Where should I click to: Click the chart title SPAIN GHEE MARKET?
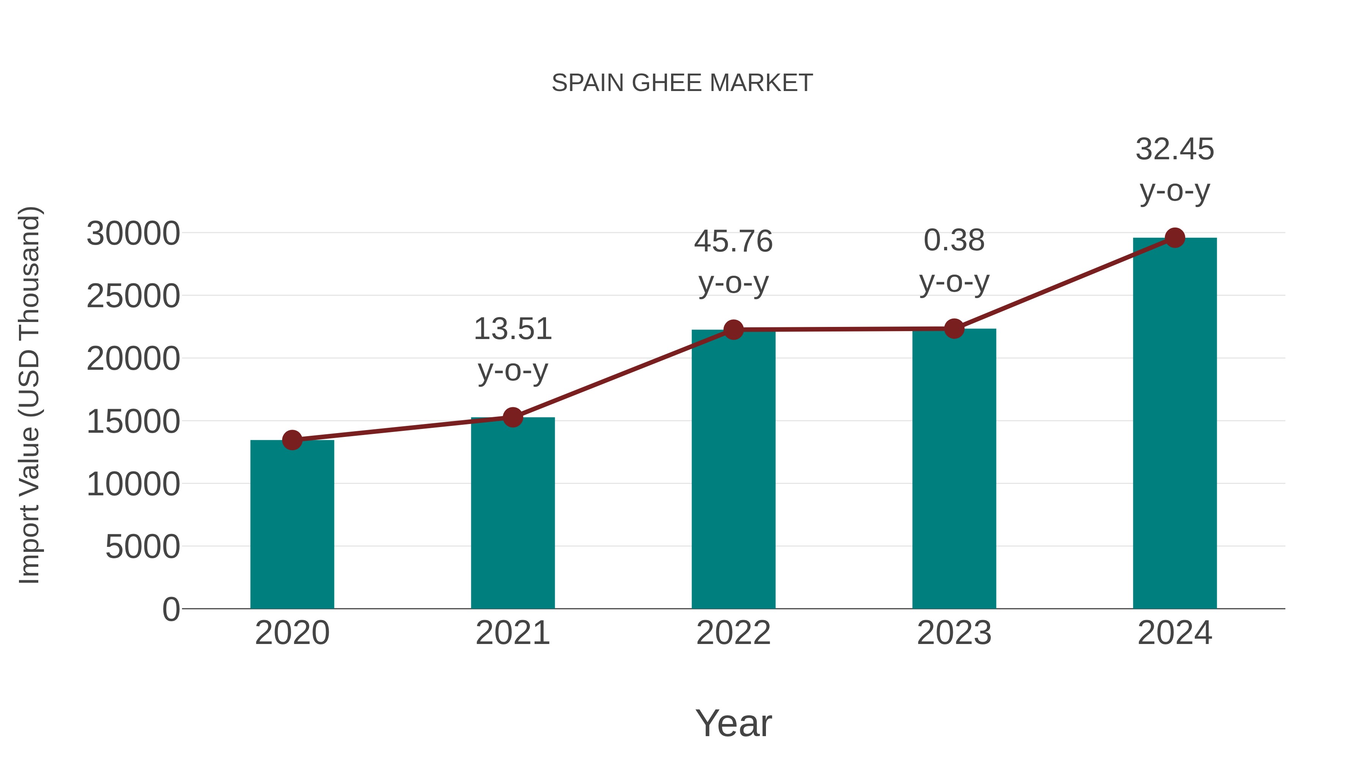[682, 83]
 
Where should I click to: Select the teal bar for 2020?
[292, 525]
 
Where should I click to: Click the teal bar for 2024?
[1175, 424]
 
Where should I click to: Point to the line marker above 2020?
[292, 440]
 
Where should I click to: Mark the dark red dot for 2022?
[733, 330]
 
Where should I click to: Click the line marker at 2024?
[1175, 238]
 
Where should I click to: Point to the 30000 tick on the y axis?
[133, 234]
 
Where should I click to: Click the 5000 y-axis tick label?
[143, 547]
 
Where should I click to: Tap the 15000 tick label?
[133, 422]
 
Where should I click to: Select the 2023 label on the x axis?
[954, 633]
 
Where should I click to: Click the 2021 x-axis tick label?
[512, 633]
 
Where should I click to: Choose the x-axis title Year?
[733, 723]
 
